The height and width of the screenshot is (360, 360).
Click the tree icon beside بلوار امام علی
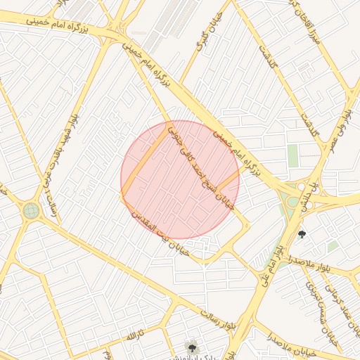(302, 234)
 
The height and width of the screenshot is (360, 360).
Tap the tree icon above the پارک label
(191, 345)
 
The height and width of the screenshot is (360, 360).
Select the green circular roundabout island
(30, 210)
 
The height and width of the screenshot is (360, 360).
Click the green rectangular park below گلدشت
(293, 155)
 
